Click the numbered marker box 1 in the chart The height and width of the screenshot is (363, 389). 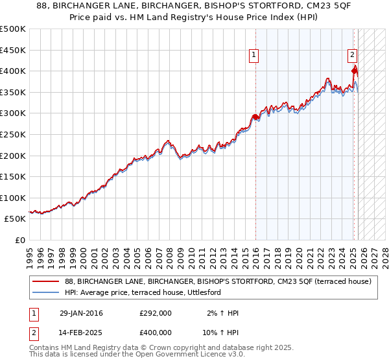[253, 56]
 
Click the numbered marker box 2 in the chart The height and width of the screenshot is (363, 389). [352, 56]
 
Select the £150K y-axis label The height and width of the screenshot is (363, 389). [13, 176]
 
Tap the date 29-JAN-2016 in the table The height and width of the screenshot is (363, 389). [81, 313]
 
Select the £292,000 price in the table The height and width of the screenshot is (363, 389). [156, 313]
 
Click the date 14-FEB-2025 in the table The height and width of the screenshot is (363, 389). [81, 332]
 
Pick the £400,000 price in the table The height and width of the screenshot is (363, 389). [156, 332]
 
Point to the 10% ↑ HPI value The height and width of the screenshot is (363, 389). [222, 332]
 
